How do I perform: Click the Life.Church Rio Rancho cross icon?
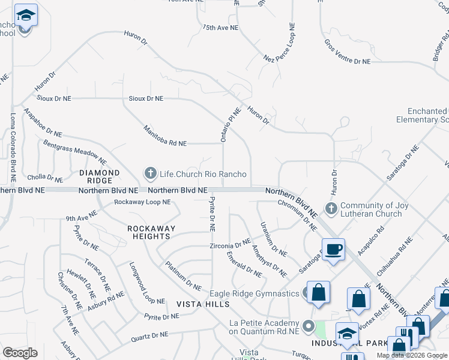click(149, 174)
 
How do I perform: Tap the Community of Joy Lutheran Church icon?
click(331, 209)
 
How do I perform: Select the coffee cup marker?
click(333, 250)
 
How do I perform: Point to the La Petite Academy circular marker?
click(309, 326)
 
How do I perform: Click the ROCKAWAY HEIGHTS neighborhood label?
click(151, 232)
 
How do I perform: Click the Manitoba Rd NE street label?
click(164, 136)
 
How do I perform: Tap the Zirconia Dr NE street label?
click(229, 245)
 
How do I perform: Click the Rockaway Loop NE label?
click(142, 202)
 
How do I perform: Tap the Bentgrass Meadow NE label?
click(75, 152)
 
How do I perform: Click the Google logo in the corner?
click(20, 353)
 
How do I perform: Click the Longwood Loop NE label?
click(146, 283)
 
